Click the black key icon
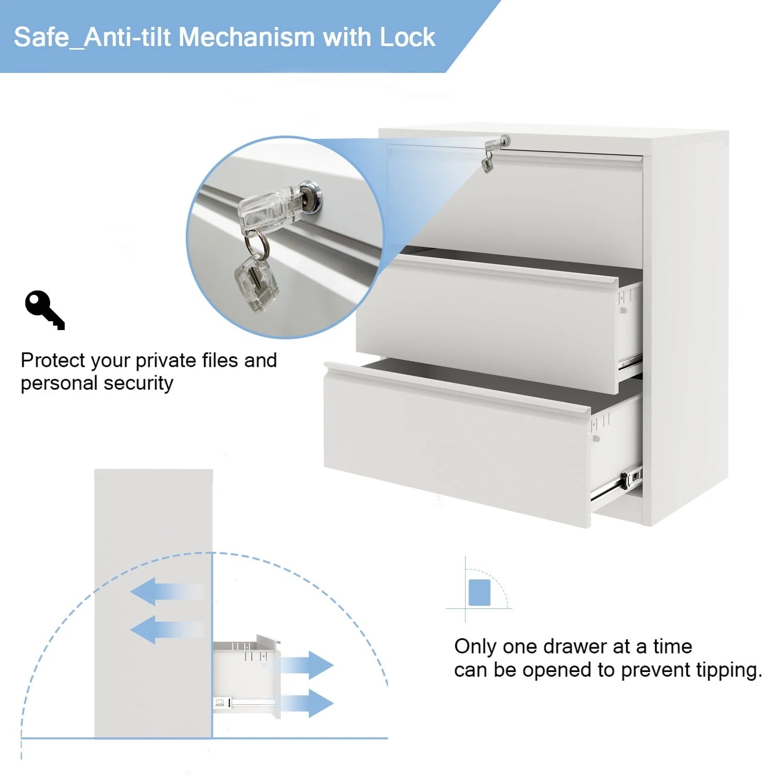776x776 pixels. coord(44,310)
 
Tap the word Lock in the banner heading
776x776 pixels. coord(407,37)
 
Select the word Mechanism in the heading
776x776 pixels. coord(247,37)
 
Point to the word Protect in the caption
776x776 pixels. coord(53,360)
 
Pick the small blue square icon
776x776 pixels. coord(479,592)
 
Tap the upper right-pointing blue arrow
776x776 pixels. coord(307,665)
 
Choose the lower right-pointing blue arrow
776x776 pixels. coord(307,703)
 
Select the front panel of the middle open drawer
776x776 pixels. coord(486,321)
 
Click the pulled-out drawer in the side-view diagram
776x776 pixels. coord(247,676)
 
